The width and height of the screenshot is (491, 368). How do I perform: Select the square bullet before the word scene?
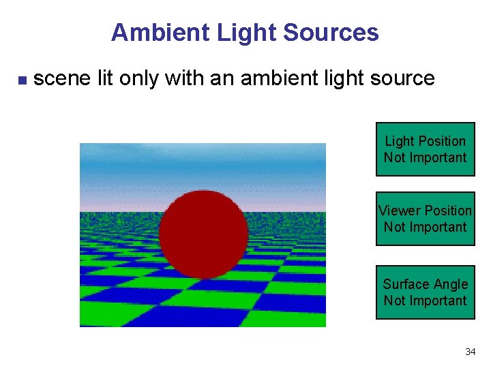click(x=21, y=80)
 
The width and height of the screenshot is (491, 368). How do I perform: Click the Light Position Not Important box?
click(x=425, y=149)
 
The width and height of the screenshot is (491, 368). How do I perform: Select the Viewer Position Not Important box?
click(x=425, y=219)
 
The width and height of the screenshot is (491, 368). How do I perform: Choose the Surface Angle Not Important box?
click(x=425, y=292)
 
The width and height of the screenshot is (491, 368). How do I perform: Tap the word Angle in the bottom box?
click(x=449, y=284)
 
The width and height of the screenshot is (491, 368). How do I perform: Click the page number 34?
click(x=470, y=352)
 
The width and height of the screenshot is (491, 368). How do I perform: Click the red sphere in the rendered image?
click(x=203, y=234)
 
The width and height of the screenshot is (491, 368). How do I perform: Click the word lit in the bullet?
click(x=105, y=78)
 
